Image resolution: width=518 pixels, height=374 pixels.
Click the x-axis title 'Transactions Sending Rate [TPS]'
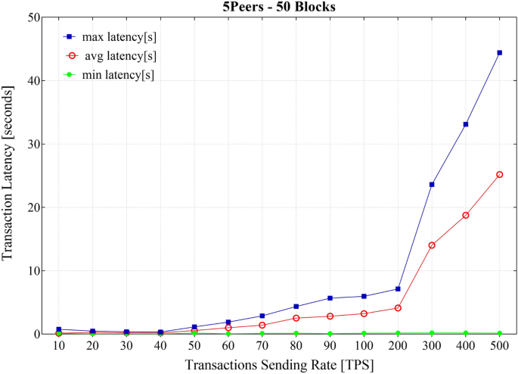point(279,365)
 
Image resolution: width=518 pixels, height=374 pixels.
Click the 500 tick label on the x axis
point(499,346)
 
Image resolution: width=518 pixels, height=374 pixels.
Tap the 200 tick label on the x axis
point(398,346)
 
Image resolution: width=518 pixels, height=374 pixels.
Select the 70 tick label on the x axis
point(262,346)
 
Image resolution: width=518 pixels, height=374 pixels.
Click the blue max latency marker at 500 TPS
point(499,53)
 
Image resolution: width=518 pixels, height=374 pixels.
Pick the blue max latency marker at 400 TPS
point(466,124)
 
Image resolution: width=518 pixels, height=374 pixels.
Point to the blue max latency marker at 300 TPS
point(432,184)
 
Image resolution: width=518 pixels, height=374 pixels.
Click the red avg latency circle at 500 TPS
point(499,175)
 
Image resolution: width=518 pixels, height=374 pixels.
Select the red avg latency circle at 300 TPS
point(432,245)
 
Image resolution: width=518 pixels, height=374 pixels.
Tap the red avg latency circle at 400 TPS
point(466,215)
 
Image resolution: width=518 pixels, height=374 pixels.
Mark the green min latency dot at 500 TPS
point(499,333)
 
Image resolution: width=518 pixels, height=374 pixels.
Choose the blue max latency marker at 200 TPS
point(398,288)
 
